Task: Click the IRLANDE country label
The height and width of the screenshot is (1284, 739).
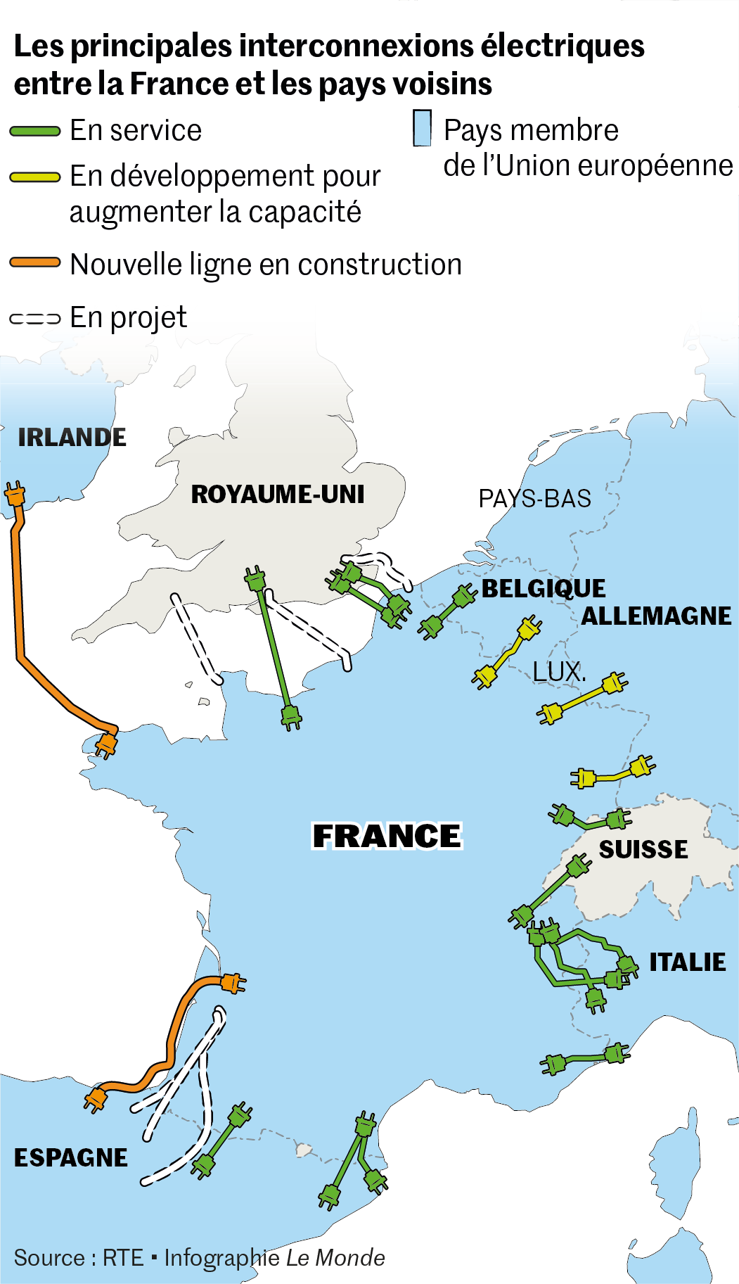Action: pos(72,437)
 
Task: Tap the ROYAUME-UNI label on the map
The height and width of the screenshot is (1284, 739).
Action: pos(278,494)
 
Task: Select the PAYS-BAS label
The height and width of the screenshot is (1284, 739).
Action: pos(534,499)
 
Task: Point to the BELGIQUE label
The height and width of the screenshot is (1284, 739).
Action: pos(543,588)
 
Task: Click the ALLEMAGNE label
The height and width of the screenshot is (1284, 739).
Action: pos(656,616)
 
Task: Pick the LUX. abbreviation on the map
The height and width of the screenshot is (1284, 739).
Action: pos(559,672)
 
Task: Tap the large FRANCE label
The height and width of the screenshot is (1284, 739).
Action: pos(387,836)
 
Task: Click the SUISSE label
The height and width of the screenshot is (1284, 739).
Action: pos(643,849)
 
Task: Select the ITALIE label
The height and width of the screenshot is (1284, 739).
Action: pos(687,962)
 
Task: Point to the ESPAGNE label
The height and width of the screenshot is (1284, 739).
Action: pos(71,1157)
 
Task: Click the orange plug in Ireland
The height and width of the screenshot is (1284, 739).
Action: pos(15,495)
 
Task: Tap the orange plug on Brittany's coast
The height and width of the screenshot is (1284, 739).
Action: pos(105,744)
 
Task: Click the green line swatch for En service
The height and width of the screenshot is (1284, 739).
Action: pos(35,131)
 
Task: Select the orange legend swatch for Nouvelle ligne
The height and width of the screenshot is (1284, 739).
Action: pos(35,262)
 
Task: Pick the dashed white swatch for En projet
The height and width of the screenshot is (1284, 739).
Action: pos(35,319)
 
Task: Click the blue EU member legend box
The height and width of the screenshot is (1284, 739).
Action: pos(422,129)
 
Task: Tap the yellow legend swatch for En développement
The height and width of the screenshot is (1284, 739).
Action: pos(35,177)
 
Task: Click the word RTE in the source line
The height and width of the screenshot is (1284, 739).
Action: pos(123,1257)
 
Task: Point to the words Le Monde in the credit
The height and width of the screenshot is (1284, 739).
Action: pos(335,1257)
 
